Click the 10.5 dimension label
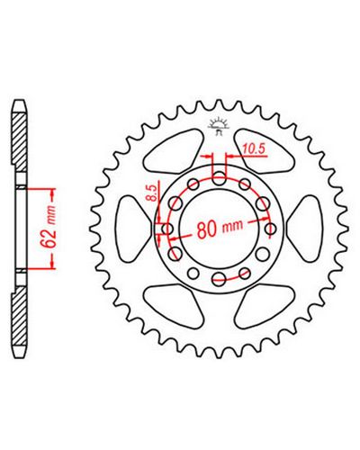coord(255,148)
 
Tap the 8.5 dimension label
coord(152,193)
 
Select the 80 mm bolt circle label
coord(220,229)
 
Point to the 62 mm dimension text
coord(49,227)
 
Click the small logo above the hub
coord(219,126)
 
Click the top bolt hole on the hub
coord(219,178)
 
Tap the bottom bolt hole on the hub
coord(219,279)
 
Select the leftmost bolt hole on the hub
coord(167,229)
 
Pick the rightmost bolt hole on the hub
coord(271,229)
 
